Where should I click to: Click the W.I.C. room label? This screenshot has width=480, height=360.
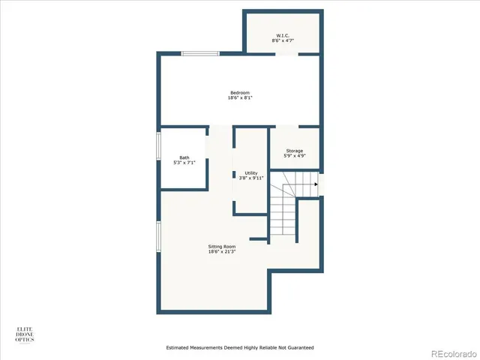click(x=283, y=35)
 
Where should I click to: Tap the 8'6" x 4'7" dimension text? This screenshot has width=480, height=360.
click(x=283, y=40)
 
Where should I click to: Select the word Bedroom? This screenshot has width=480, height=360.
click(x=239, y=92)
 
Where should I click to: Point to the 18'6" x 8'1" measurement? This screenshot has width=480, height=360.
click(x=239, y=97)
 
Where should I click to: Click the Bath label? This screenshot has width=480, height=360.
click(x=184, y=157)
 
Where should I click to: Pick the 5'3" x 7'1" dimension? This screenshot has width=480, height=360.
click(x=184, y=163)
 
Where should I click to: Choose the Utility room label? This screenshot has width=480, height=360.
click(x=250, y=172)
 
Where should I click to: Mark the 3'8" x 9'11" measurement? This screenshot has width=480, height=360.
click(x=250, y=178)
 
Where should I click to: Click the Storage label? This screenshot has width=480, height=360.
click(x=294, y=151)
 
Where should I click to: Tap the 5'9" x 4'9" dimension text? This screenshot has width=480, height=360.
click(x=294, y=156)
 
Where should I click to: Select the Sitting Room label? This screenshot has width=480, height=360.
click(x=222, y=246)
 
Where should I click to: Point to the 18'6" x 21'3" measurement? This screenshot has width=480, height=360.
click(x=222, y=251)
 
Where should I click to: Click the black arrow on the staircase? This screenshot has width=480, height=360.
click(x=316, y=184)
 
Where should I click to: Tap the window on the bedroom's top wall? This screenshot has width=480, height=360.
click(x=200, y=53)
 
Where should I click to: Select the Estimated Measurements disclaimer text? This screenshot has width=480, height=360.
click(x=239, y=348)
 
